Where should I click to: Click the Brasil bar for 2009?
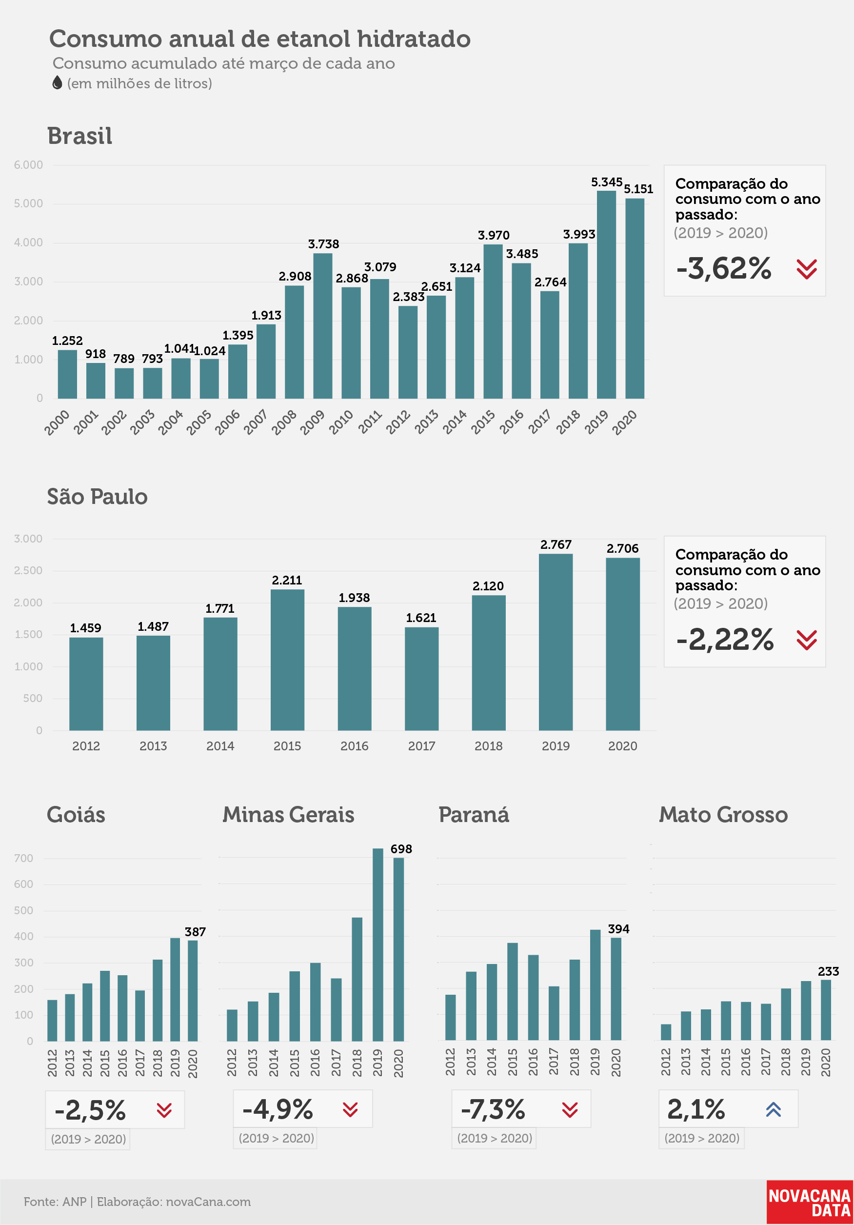tap(323, 326)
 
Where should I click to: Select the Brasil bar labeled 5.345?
tap(607, 295)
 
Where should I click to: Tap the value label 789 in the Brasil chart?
tap(124, 359)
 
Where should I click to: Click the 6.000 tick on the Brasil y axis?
tap(28, 165)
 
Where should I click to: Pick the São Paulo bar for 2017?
tap(421, 679)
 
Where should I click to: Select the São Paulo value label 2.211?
tap(287, 580)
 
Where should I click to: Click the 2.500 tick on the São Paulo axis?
tap(28, 570)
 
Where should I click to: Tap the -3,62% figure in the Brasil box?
tap(723, 268)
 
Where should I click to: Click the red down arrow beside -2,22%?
tap(807, 640)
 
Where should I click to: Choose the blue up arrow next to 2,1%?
tap(774, 1110)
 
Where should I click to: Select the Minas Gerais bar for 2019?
tap(377, 944)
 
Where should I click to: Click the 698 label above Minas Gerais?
tap(401, 849)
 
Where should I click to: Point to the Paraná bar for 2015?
tap(512, 992)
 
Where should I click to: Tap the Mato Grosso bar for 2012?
tap(666, 1032)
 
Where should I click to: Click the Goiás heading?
tap(76, 815)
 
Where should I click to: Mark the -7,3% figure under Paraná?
tap(493, 1110)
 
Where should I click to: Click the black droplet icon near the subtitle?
tap(57, 83)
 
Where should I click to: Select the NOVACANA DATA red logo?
tap(810, 1203)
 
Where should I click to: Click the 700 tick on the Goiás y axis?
tap(23, 858)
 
